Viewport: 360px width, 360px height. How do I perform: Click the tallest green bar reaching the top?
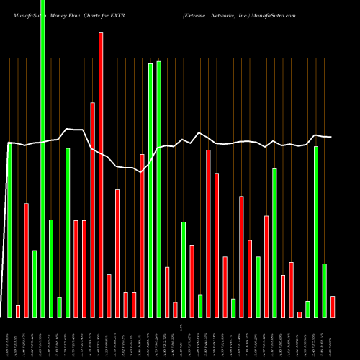(42, 158)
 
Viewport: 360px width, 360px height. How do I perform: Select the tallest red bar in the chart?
(101, 173)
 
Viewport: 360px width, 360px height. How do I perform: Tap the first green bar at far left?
(9, 230)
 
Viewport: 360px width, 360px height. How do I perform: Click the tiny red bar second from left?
(18, 311)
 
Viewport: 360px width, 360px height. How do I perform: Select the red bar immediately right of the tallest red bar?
(109, 295)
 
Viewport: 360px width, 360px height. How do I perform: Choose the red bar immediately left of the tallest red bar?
(92, 209)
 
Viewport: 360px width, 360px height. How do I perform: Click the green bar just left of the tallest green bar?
(35, 284)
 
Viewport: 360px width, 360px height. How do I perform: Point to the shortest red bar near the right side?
(300, 314)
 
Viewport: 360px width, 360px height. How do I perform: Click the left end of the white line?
(9, 143)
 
